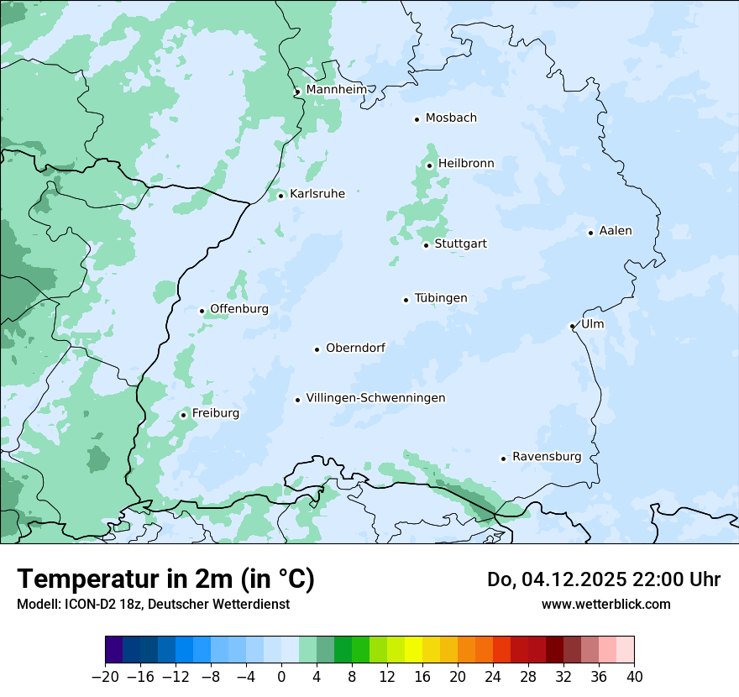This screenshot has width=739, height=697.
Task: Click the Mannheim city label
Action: tap(336, 89)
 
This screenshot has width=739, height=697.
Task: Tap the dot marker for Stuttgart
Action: tap(427, 245)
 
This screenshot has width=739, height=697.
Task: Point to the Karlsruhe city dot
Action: tap(281, 196)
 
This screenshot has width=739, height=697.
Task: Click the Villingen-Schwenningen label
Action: tap(375, 397)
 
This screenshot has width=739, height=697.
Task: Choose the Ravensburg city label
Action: tap(547, 456)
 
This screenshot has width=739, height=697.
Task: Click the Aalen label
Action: tap(616, 230)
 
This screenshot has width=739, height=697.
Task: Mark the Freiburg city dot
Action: tap(184, 415)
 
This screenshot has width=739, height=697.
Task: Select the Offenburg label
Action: tap(239, 308)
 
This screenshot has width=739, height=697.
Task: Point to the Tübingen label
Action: tap(441, 297)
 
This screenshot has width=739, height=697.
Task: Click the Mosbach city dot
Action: tap(417, 119)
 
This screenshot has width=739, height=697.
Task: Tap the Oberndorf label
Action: tap(355, 347)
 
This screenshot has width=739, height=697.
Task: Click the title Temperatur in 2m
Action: tap(165, 579)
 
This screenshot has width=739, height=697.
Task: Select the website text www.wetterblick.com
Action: tap(605, 604)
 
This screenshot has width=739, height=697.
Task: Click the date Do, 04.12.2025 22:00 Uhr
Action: tap(604, 579)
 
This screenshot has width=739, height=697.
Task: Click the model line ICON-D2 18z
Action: tap(153, 604)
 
